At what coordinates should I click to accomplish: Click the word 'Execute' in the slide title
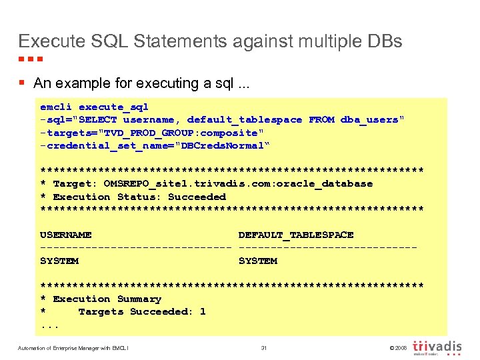(x=51, y=41)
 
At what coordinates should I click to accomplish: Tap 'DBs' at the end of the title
(x=385, y=41)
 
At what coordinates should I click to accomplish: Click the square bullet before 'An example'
(x=22, y=83)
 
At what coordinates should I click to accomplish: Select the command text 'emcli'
(x=56, y=107)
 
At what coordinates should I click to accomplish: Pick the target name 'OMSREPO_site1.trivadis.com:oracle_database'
(x=238, y=184)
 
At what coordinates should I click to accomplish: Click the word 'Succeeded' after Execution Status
(x=197, y=197)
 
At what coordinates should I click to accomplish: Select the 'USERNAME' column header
(x=65, y=235)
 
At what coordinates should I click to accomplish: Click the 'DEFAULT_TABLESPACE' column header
(x=296, y=235)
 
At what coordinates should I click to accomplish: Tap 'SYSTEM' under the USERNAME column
(x=59, y=261)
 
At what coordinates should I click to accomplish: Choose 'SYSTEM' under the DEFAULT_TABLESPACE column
(x=257, y=261)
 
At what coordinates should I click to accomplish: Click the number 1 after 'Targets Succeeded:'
(x=203, y=311)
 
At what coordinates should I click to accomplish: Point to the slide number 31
(x=264, y=348)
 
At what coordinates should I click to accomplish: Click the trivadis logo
(x=438, y=348)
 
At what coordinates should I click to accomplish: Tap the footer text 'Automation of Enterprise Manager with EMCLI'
(x=73, y=348)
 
